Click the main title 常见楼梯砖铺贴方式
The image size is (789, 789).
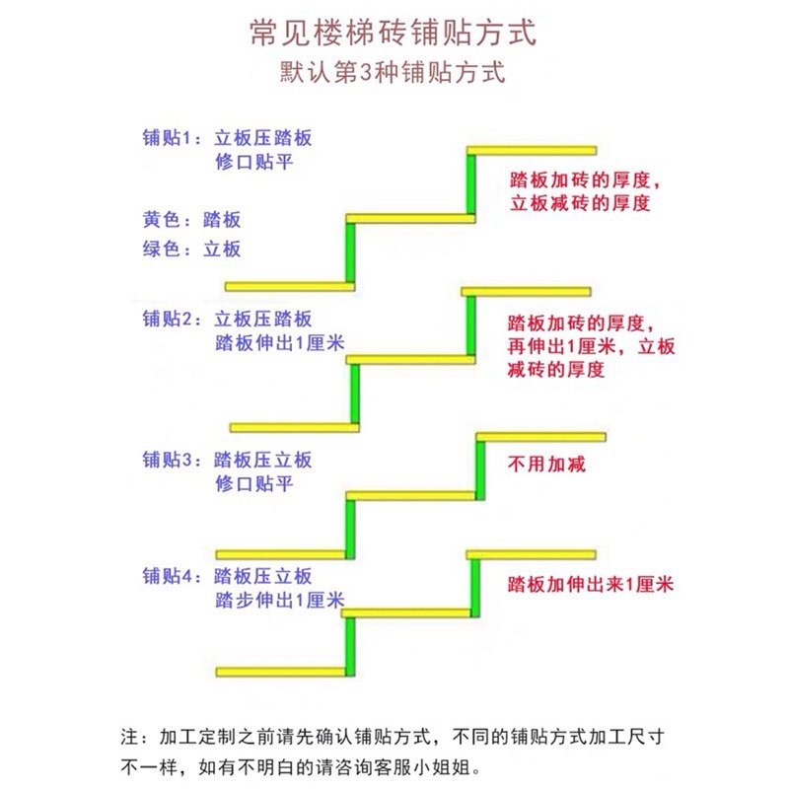[x=394, y=33]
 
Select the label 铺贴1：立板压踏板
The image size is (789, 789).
[x=227, y=138]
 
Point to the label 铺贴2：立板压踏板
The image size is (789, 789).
[x=227, y=319]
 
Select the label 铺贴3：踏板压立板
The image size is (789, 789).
[x=227, y=460]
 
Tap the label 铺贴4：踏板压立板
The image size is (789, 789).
[x=227, y=576]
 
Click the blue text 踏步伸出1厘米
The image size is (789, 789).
[x=279, y=601]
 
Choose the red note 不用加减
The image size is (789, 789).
[x=546, y=464]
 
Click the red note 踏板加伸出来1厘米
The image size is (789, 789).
[x=590, y=584]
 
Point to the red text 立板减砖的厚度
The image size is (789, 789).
[x=580, y=204]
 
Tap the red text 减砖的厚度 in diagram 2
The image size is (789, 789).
[x=556, y=370]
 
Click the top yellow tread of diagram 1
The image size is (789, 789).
[x=532, y=150]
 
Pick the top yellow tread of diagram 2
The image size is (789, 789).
[x=526, y=291]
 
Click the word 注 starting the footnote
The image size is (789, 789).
[x=128, y=737]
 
